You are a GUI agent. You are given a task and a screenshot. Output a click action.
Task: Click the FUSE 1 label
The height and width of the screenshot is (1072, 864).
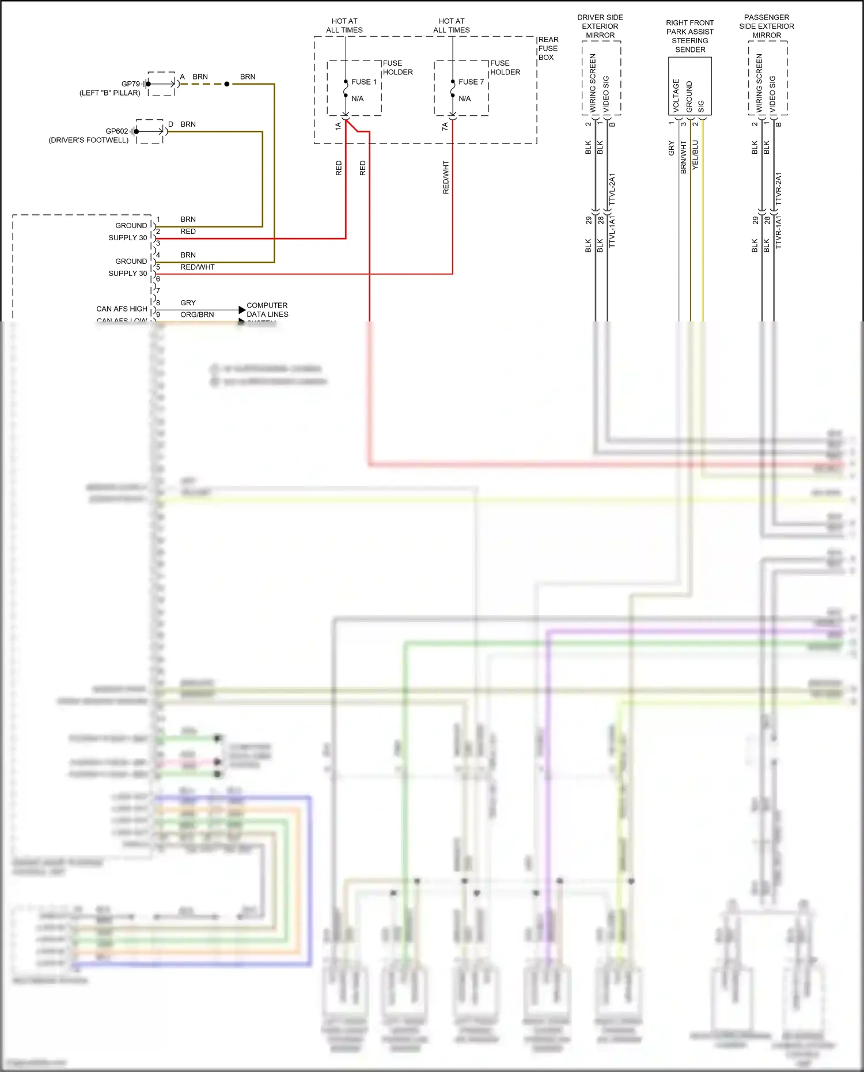tap(363, 82)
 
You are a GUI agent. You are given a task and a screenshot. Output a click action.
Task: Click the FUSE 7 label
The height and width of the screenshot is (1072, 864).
tap(471, 82)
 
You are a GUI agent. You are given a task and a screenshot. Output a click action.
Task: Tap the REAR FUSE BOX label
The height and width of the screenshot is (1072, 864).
tap(548, 48)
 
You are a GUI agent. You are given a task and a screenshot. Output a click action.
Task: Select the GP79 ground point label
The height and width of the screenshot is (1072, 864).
tap(130, 84)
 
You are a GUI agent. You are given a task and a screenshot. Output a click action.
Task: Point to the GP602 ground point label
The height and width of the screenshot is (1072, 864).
tap(116, 131)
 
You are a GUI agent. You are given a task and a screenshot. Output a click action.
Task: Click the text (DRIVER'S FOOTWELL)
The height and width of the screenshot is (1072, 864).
tap(89, 140)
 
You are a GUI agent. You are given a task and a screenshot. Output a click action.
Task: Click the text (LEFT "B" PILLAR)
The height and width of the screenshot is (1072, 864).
tap(109, 93)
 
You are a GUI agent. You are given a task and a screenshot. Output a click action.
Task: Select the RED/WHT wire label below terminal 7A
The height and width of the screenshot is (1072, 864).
tap(445, 177)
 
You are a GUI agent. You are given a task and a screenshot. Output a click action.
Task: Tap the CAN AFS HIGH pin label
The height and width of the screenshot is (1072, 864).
tap(122, 309)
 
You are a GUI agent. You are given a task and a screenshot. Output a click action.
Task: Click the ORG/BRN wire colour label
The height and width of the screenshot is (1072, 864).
tap(197, 315)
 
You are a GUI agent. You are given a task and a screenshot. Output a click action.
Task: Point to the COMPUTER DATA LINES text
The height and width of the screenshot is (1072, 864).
tap(267, 310)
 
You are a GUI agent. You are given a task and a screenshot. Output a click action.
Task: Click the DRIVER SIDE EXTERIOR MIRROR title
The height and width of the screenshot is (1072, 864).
tap(600, 26)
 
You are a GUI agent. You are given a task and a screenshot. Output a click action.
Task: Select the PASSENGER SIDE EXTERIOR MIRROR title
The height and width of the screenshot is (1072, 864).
tap(766, 26)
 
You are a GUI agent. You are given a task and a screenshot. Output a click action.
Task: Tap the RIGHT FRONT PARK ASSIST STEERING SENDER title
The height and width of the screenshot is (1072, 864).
tap(689, 36)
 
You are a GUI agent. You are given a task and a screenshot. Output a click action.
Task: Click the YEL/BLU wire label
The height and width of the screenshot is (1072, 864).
tap(695, 154)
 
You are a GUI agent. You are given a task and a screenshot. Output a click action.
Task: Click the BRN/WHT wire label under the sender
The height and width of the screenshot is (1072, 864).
tap(683, 157)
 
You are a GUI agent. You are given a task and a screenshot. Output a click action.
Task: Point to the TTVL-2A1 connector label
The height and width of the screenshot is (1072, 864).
tap(612, 189)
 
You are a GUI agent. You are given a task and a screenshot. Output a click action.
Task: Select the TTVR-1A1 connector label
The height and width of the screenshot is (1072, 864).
tap(778, 232)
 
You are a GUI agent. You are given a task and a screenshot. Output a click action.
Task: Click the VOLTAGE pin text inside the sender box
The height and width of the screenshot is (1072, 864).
tap(676, 95)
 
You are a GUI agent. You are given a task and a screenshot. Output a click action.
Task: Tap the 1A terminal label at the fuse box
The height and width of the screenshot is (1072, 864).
tap(338, 126)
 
